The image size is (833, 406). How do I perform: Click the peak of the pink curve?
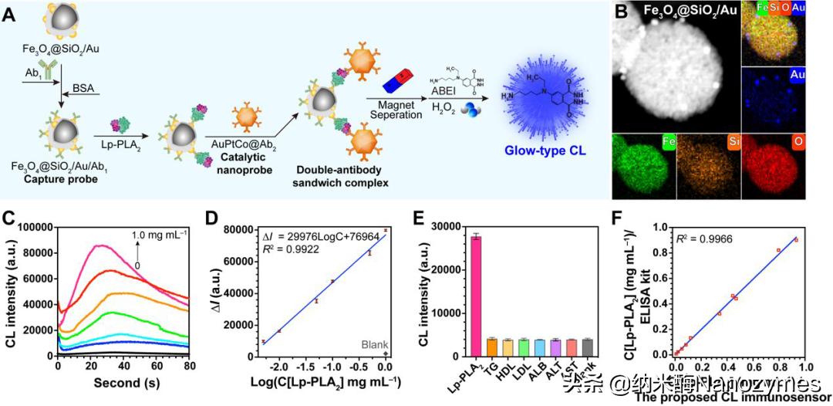coord(98,246)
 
